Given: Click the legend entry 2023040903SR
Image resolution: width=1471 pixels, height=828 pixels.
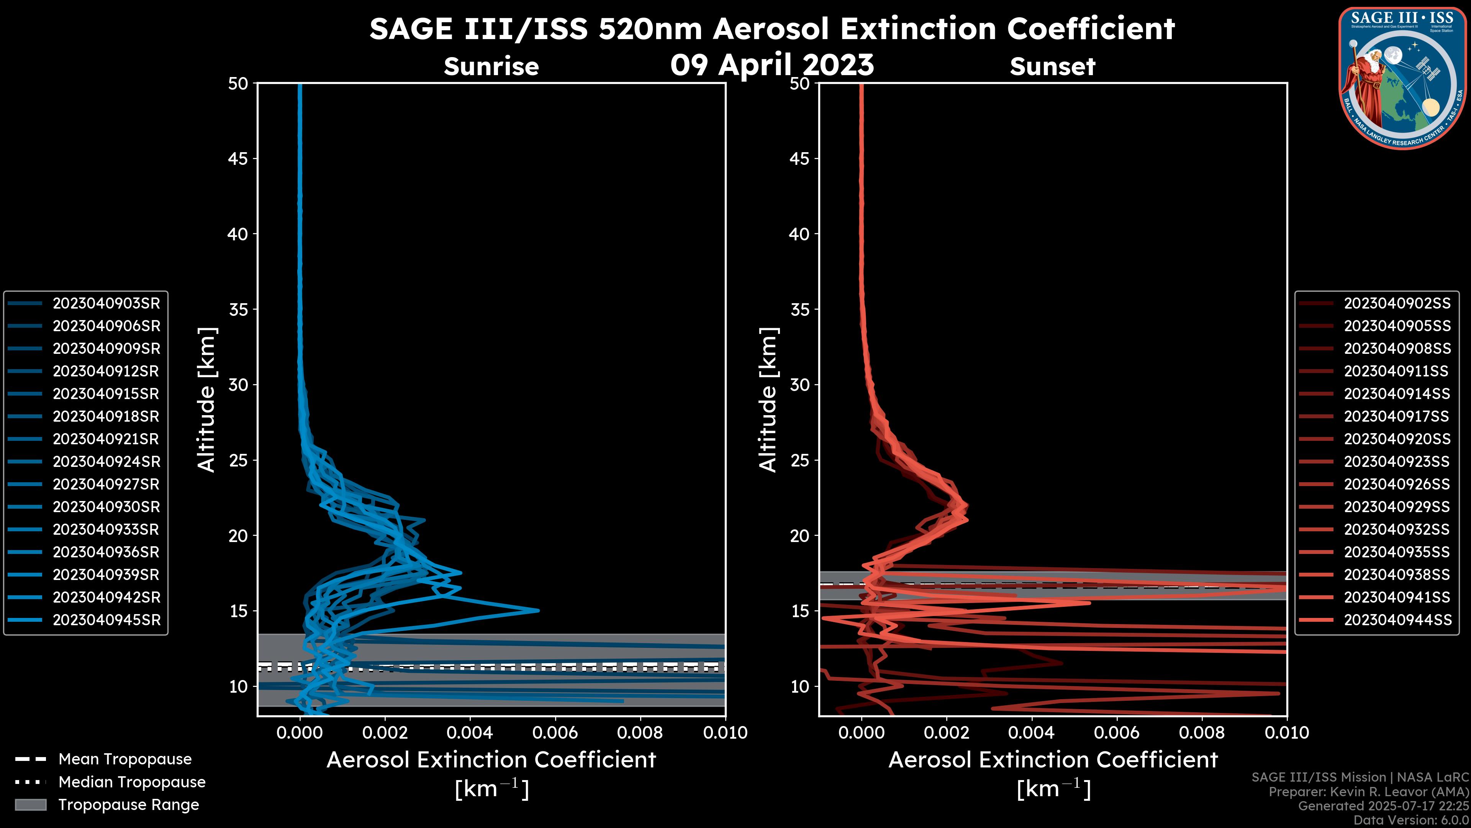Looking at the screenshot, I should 106,304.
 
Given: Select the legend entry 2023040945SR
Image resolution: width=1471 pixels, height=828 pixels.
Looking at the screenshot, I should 106,620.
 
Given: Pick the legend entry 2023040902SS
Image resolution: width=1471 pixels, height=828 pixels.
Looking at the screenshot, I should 1397,304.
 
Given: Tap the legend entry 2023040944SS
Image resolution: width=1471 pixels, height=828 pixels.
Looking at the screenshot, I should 1397,620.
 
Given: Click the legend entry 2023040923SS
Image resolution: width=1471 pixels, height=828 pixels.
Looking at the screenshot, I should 1397,462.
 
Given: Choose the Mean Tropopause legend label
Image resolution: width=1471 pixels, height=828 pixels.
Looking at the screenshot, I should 125,759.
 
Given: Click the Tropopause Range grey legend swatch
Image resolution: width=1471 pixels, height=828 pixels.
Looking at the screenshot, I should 30,805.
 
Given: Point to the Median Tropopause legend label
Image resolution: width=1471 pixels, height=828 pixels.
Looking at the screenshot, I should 132,782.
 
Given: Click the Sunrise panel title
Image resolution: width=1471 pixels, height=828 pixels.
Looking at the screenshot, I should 491,67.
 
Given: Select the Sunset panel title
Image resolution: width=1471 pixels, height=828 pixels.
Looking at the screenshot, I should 1052,67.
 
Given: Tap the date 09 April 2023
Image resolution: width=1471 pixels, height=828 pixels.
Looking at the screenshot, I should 772,64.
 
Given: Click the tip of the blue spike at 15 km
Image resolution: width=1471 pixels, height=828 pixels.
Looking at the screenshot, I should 538,610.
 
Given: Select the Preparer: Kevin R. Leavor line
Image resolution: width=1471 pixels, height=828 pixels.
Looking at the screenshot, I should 1368,792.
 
